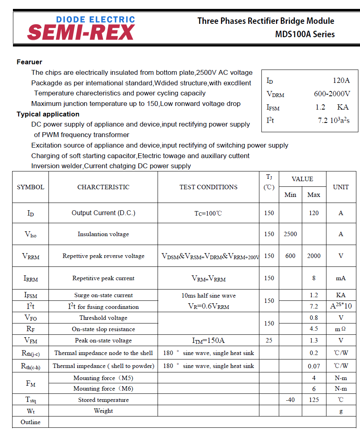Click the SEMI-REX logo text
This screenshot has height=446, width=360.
coord(81,32)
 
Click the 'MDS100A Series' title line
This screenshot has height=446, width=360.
coord(305,34)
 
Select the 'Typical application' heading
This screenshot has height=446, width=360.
coord(48,114)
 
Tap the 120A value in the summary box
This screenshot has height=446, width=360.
coord(341,80)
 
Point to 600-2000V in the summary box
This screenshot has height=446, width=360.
coord(332,94)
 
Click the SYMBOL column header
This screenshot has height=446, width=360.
coord(31,187)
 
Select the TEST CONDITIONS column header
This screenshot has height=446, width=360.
coord(208,187)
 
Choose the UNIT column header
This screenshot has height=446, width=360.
coord(341,187)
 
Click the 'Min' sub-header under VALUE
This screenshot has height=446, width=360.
coord(290,194)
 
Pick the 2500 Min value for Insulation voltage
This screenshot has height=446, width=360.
coord(290,234)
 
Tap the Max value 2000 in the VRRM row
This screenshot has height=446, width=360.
coord(314,256)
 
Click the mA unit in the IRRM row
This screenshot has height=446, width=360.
coord(341,278)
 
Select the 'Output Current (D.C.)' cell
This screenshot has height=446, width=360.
coord(103,213)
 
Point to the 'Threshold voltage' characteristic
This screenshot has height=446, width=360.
coord(103,318)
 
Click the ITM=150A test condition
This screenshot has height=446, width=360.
coord(208,340)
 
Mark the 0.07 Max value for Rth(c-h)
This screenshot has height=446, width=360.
coord(314,366)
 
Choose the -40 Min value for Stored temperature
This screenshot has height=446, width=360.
coord(290,399)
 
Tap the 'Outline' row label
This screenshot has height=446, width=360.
coord(31,422)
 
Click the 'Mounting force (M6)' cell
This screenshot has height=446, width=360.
coord(103,389)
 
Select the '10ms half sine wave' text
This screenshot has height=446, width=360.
coord(208,296)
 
